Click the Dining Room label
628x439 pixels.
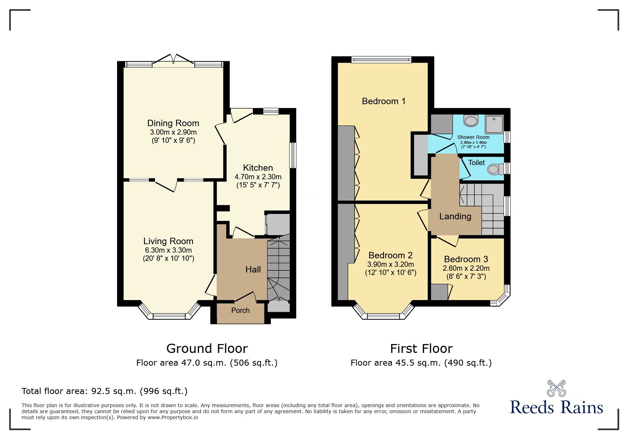click(x=173, y=123)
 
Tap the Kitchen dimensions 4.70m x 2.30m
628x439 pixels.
click(x=258, y=177)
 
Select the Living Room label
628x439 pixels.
click(x=168, y=241)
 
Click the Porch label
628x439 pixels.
click(x=240, y=310)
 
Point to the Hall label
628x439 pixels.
click(x=253, y=270)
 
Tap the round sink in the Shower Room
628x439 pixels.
click(x=471, y=122)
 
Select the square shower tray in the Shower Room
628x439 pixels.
click(x=494, y=124)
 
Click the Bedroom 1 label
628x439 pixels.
click(x=383, y=101)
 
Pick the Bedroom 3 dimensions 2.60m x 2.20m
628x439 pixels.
click(x=466, y=269)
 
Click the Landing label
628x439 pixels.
click(x=455, y=216)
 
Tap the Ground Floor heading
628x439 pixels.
click(x=207, y=349)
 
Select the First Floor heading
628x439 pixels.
click(x=421, y=349)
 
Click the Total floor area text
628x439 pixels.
click(x=104, y=391)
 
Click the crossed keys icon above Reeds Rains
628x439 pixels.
click(x=556, y=388)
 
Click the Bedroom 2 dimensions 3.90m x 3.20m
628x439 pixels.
click(x=390, y=264)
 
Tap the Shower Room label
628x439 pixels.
click(x=473, y=137)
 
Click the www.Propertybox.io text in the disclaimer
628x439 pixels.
click(x=173, y=417)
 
